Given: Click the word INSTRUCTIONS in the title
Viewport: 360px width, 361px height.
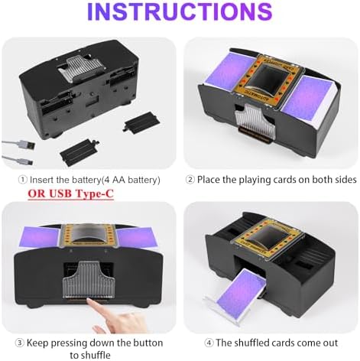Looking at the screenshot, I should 179,13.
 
